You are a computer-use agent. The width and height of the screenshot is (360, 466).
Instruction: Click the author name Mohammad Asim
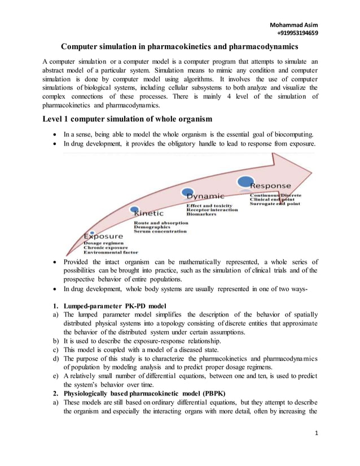[293, 25]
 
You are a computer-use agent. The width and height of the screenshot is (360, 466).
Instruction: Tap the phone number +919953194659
[293, 33]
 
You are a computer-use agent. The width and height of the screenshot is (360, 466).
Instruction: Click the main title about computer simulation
[180, 47]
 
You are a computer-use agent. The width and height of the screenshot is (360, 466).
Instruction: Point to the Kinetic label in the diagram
[148, 214]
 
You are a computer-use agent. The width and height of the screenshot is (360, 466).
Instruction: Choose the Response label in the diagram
[271, 185]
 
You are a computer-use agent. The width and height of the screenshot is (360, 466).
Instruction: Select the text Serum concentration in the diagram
[160, 231]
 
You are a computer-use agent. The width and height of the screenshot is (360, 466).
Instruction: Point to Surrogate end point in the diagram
[275, 203]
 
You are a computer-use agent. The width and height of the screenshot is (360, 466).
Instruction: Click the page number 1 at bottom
[317, 449]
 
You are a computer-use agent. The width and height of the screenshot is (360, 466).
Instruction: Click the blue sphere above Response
[245, 181]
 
